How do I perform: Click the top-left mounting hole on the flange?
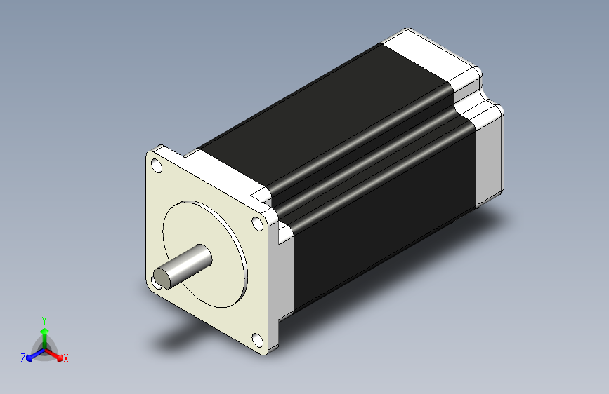(x=155, y=166)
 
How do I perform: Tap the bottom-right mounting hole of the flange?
(x=257, y=341)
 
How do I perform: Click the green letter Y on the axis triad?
(x=44, y=319)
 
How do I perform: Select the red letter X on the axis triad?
(x=66, y=358)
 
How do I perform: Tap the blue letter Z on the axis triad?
(x=23, y=358)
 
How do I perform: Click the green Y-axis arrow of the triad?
(x=44, y=333)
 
